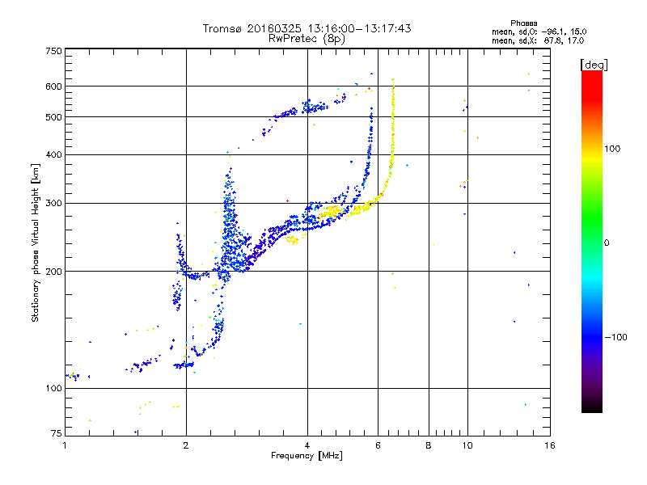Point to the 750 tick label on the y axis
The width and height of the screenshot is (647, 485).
pos(54,51)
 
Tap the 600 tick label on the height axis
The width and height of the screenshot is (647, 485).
pos(54,86)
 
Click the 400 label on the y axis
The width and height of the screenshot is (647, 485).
pos(54,155)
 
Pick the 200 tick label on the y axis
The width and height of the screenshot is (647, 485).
pos(54,272)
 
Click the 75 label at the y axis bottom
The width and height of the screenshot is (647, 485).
pos(57,433)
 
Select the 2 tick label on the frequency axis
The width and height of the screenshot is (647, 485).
pos(186,445)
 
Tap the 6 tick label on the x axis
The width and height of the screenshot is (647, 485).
pos(378,445)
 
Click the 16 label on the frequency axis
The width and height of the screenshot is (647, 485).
pos(550,445)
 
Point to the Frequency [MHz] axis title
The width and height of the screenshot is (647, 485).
pos(307,456)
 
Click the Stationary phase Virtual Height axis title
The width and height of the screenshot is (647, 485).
pos(35,242)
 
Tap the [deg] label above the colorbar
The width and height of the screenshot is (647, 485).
pos(594,65)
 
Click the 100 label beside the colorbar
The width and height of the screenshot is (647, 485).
pos(612,149)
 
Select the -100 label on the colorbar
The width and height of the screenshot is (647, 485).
pos(616,337)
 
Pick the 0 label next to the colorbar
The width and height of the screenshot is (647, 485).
pos(607,243)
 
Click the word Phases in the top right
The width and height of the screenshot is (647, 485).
pos(524,23)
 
